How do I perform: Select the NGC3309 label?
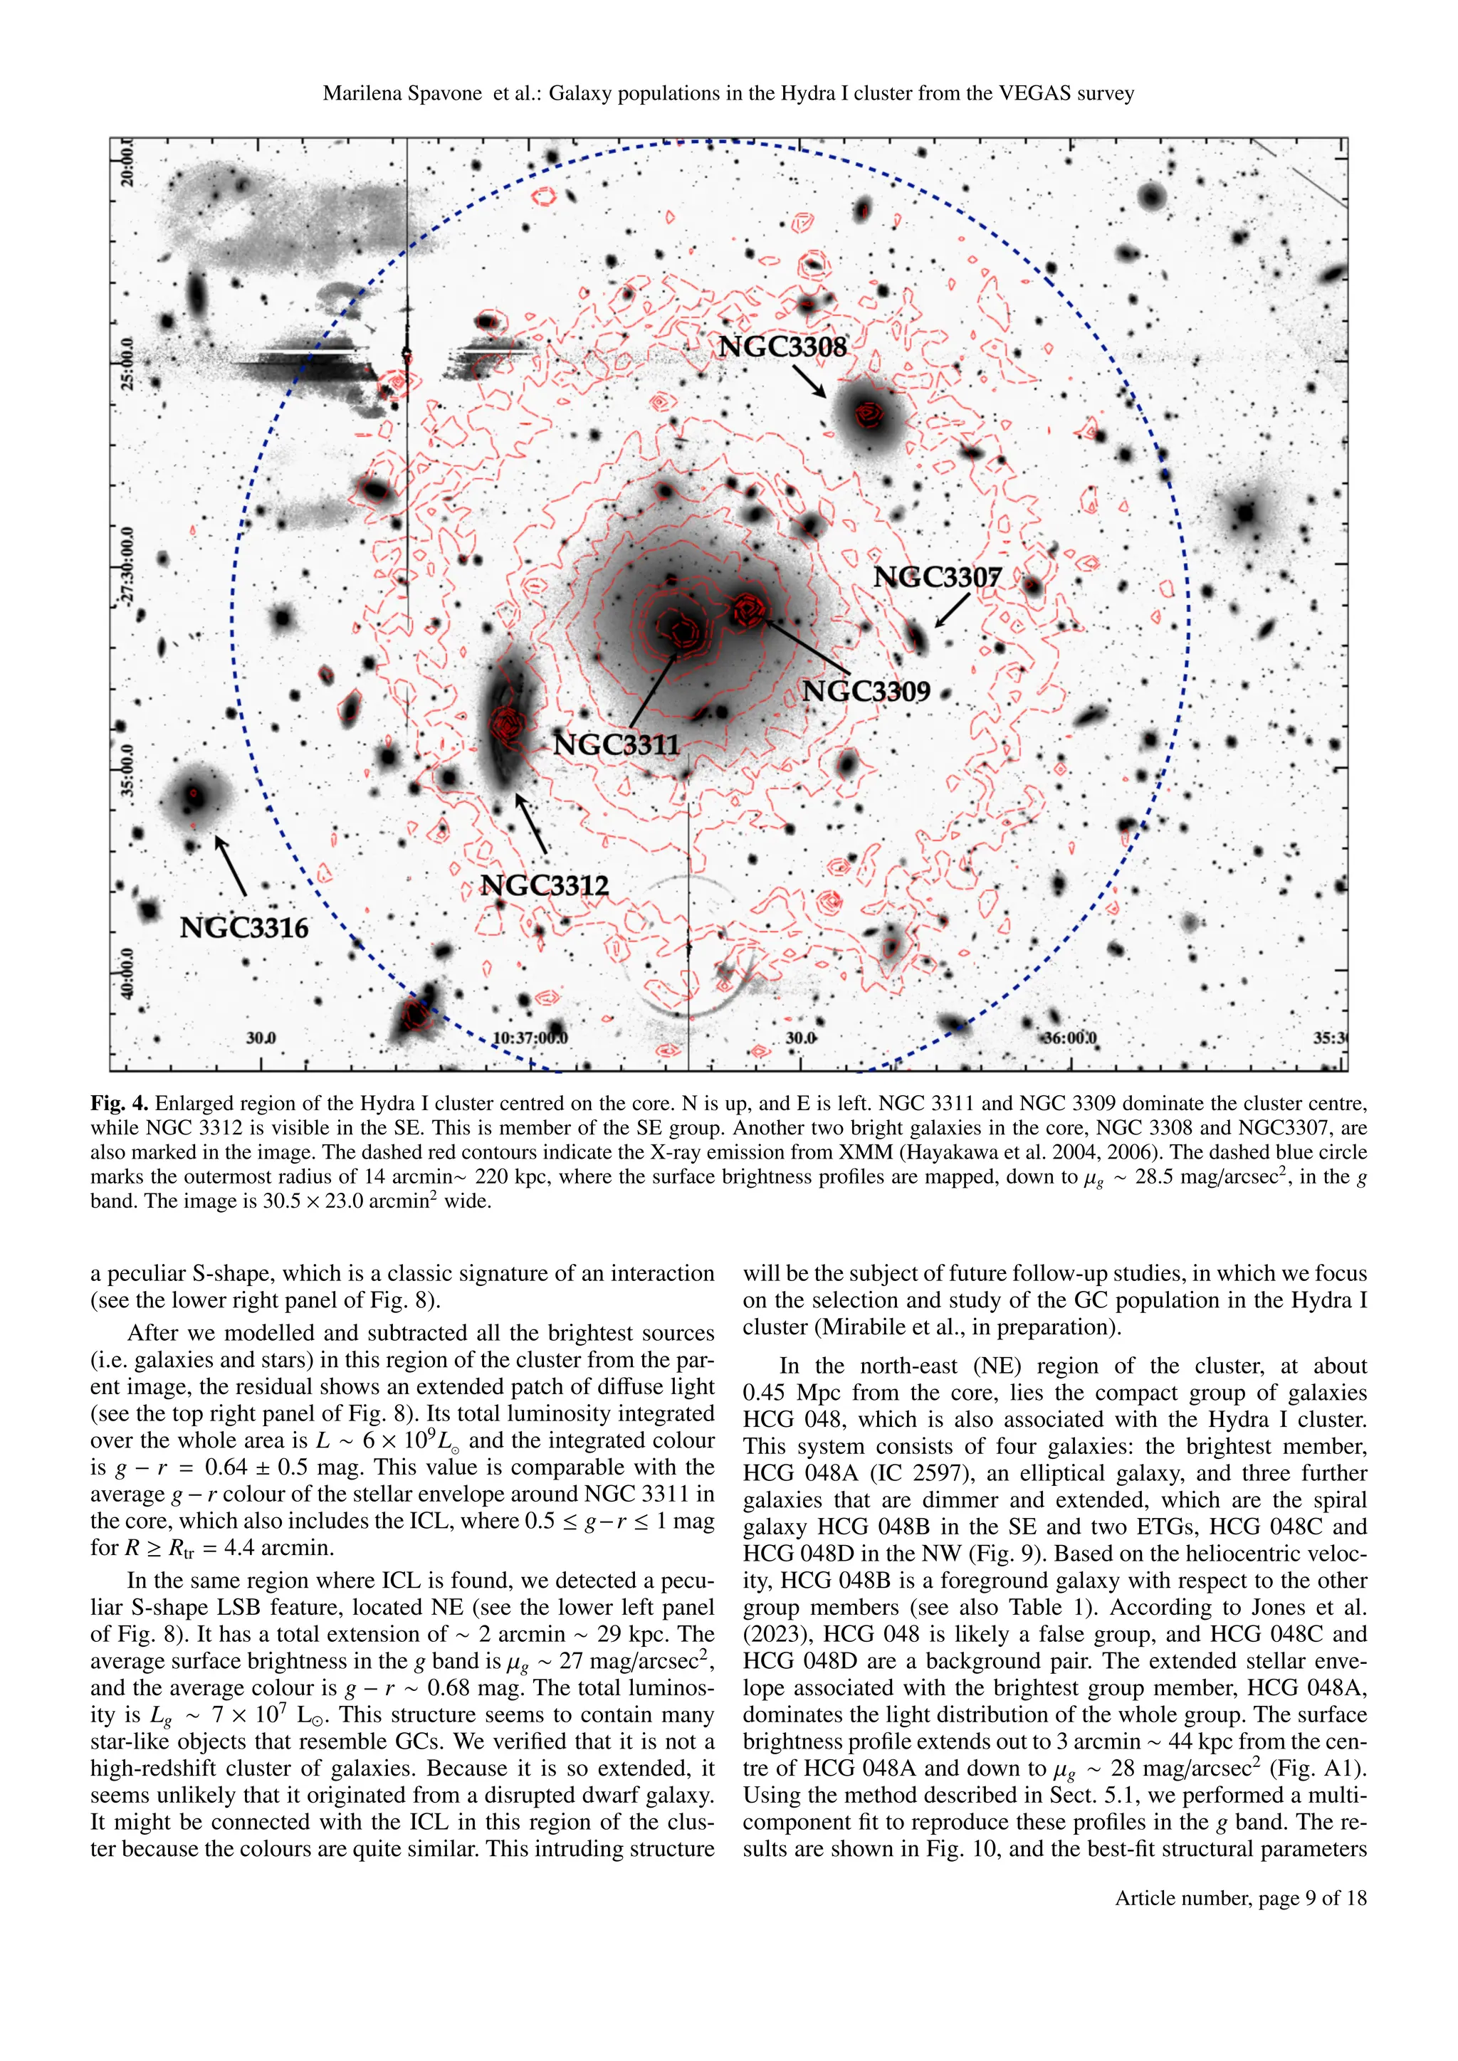[866, 691]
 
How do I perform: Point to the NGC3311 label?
[616, 744]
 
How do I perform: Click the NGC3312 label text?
[544, 885]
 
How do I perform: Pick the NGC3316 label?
[243, 927]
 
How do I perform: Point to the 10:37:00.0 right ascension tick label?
[530, 1038]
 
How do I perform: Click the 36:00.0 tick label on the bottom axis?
[1069, 1038]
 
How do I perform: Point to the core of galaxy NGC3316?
[193, 794]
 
